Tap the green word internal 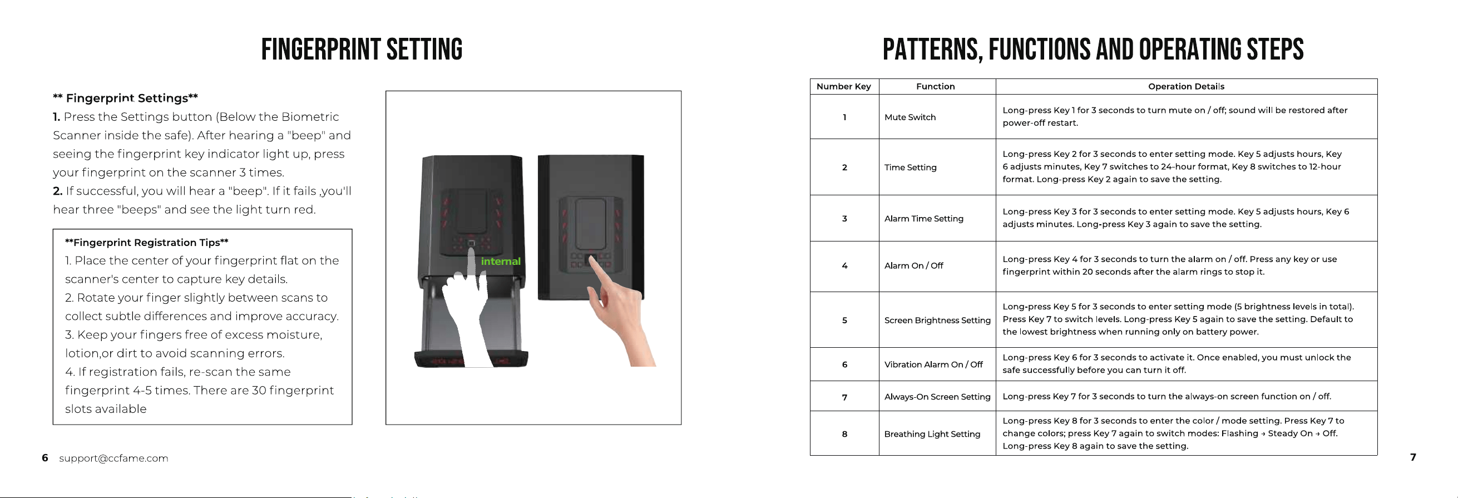(x=500, y=261)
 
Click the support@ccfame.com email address (x=114, y=458)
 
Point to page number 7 (x=1413, y=457)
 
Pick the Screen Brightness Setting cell (x=937, y=321)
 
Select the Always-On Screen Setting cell (x=937, y=397)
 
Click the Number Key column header (x=843, y=87)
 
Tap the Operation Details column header (x=1186, y=87)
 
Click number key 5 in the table (x=844, y=321)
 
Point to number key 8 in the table (x=844, y=434)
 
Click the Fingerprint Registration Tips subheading (x=147, y=243)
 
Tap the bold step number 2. (x=57, y=191)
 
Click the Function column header (x=935, y=87)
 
